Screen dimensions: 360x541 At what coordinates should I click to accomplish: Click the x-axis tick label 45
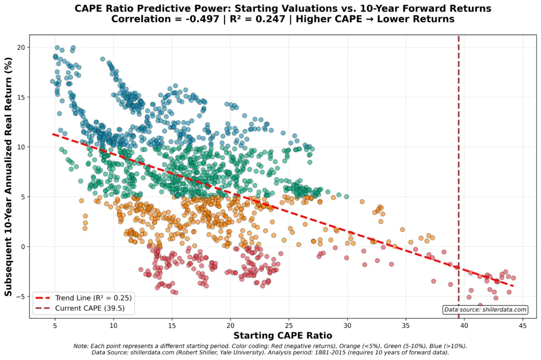tap(523, 326)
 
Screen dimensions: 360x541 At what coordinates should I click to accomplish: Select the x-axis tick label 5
tap(55, 326)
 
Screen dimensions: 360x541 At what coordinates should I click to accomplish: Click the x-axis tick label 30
tap(347, 326)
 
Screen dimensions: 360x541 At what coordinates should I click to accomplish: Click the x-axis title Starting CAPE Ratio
tap(283, 336)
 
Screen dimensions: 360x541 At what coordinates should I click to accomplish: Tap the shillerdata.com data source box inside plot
tap(485, 310)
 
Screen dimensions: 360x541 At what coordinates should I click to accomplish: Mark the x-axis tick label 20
tap(230, 326)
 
